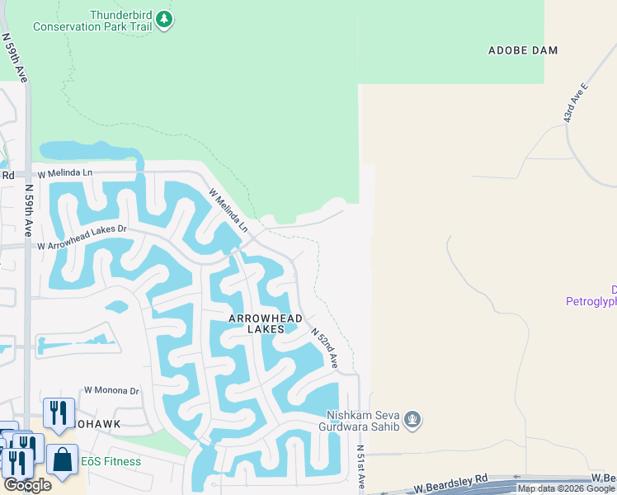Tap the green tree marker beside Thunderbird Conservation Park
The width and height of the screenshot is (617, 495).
164,19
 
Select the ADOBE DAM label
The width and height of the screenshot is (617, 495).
523,50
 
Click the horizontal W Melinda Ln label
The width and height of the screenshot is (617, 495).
66,172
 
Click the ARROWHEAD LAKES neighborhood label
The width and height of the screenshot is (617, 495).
266,323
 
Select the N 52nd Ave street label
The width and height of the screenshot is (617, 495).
326,346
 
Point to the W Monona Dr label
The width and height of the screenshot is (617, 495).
111,390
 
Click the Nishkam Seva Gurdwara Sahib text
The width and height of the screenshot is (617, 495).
363,421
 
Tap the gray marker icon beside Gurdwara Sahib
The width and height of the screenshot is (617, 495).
414,421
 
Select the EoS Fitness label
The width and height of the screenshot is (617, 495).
111,461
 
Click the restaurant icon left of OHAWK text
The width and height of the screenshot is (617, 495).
59,412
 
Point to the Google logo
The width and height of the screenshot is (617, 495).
27,485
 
